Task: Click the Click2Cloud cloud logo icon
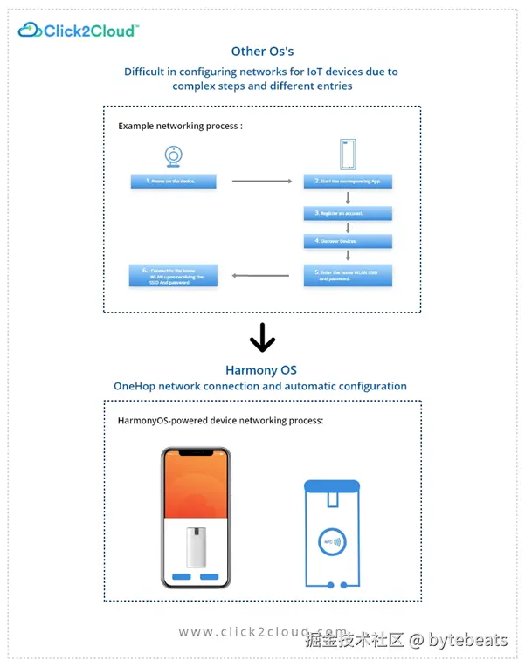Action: [29, 30]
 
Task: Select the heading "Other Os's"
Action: [262, 52]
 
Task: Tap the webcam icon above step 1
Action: [174, 156]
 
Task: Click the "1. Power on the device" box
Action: [173, 182]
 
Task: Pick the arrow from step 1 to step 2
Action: [262, 182]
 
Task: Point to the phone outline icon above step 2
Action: [348, 155]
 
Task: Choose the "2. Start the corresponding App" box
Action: [348, 182]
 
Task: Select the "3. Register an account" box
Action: [348, 213]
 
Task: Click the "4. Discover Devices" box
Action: [348, 241]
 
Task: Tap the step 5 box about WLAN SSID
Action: [348, 275]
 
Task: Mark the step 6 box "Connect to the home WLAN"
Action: [173, 275]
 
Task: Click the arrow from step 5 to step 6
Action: [260, 276]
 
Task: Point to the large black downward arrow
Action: [262, 337]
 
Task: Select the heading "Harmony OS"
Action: [261, 370]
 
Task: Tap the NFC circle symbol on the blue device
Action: [332, 542]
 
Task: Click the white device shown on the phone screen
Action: [196, 547]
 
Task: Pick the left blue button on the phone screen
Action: [182, 577]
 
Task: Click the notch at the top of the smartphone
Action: [196, 452]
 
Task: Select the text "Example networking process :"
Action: [180, 126]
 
